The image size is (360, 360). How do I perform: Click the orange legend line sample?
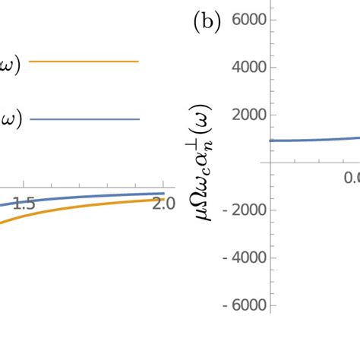(x=84, y=62)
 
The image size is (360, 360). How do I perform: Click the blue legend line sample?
(x=84, y=119)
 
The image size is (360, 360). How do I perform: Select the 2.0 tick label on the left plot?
(x=162, y=203)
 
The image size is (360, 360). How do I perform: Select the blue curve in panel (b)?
(x=311, y=140)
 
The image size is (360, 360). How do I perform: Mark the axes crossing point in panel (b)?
(x=271, y=163)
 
